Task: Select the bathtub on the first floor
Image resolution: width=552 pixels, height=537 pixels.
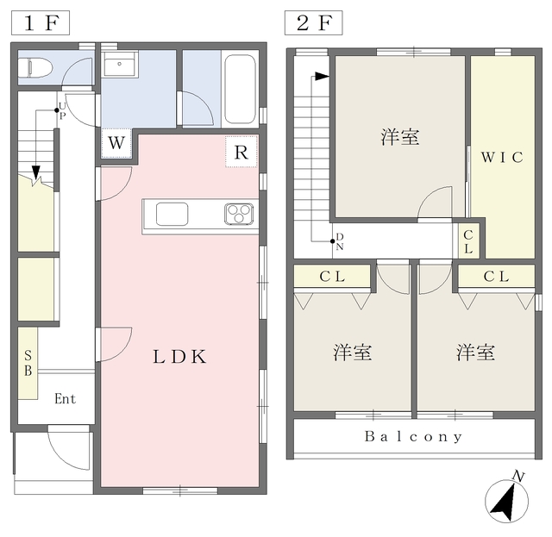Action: tap(240, 91)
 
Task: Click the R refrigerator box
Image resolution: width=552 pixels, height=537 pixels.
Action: tap(242, 153)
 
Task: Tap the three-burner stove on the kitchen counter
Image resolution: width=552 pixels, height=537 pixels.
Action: tap(239, 213)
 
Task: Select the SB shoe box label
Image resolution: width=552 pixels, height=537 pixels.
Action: tap(28, 363)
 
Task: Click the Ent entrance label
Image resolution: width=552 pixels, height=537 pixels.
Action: tap(66, 398)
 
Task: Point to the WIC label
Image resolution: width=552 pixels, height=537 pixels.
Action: tap(502, 158)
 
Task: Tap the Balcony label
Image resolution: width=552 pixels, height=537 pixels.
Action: tap(413, 437)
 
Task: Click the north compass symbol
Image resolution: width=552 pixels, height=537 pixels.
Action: tap(507, 501)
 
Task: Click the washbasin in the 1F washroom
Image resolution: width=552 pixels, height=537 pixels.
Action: tap(120, 66)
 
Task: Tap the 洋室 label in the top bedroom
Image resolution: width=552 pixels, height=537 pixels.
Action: tap(400, 136)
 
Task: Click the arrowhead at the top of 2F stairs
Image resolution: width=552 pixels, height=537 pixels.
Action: tap(322, 77)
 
